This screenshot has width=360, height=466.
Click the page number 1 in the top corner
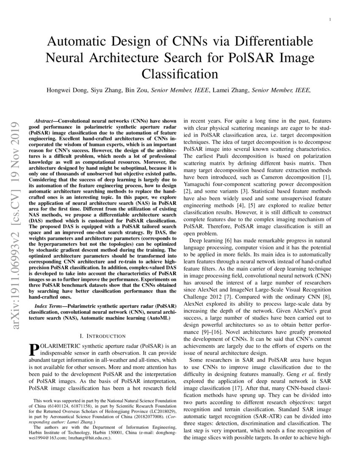pyautogui.click(x=330, y=20)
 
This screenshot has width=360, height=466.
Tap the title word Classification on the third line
pyautogui.click(x=180, y=74)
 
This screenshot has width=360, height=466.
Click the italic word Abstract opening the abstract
pyautogui.click(x=44, y=121)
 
